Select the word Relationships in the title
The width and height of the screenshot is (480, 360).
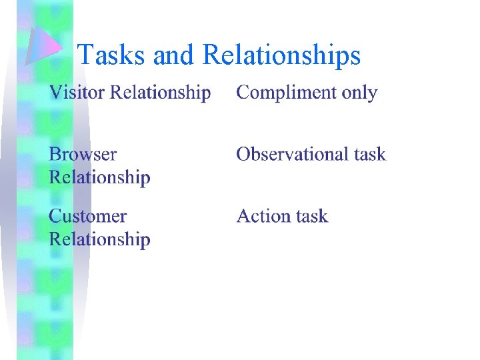click(281, 55)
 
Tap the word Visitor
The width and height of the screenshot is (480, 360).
click(77, 92)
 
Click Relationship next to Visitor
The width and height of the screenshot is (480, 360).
click(160, 93)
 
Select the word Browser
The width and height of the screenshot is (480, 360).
click(83, 154)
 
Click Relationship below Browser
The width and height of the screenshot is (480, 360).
click(100, 177)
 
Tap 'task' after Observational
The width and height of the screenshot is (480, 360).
click(369, 154)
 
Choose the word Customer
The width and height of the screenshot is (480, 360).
click(87, 216)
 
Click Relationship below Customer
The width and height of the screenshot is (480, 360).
click(100, 239)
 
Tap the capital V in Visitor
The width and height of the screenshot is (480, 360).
click(55, 92)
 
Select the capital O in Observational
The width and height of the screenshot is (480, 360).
click(244, 154)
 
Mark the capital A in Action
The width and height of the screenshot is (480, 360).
click(244, 216)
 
